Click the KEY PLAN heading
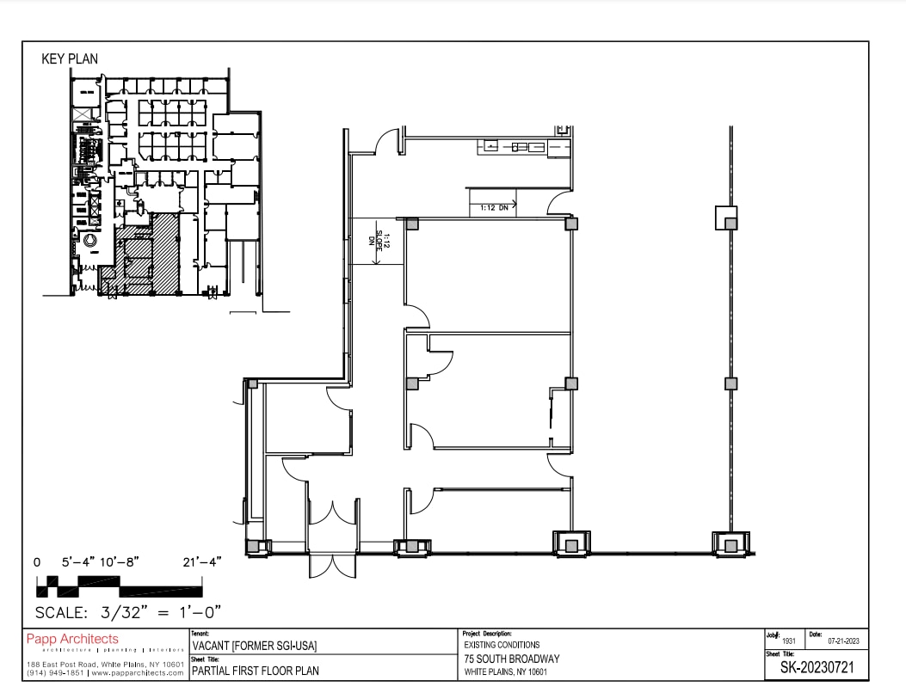(x=70, y=59)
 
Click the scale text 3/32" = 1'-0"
(x=128, y=612)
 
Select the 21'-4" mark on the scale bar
(x=202, y=561)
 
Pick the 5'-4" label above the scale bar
(x=81, y=561)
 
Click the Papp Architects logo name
(x=72, y=639)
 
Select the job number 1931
(x=788, y=641)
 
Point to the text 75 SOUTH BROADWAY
(x=511, y=659)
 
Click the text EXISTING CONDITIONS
(x=502, y=645)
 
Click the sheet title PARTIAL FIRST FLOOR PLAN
(x=255, y=671)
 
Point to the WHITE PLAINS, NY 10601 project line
(x=505, y=671)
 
